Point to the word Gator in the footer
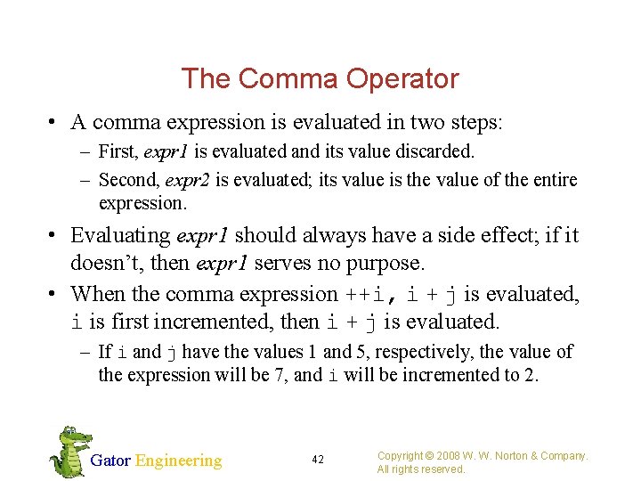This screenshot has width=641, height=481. tap(110, 461)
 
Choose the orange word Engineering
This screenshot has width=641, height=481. tap(178, 461)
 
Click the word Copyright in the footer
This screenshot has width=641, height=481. tap(402, 455)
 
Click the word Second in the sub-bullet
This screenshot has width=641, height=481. tap(126, 180)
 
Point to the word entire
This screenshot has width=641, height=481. tap(552, 180)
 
